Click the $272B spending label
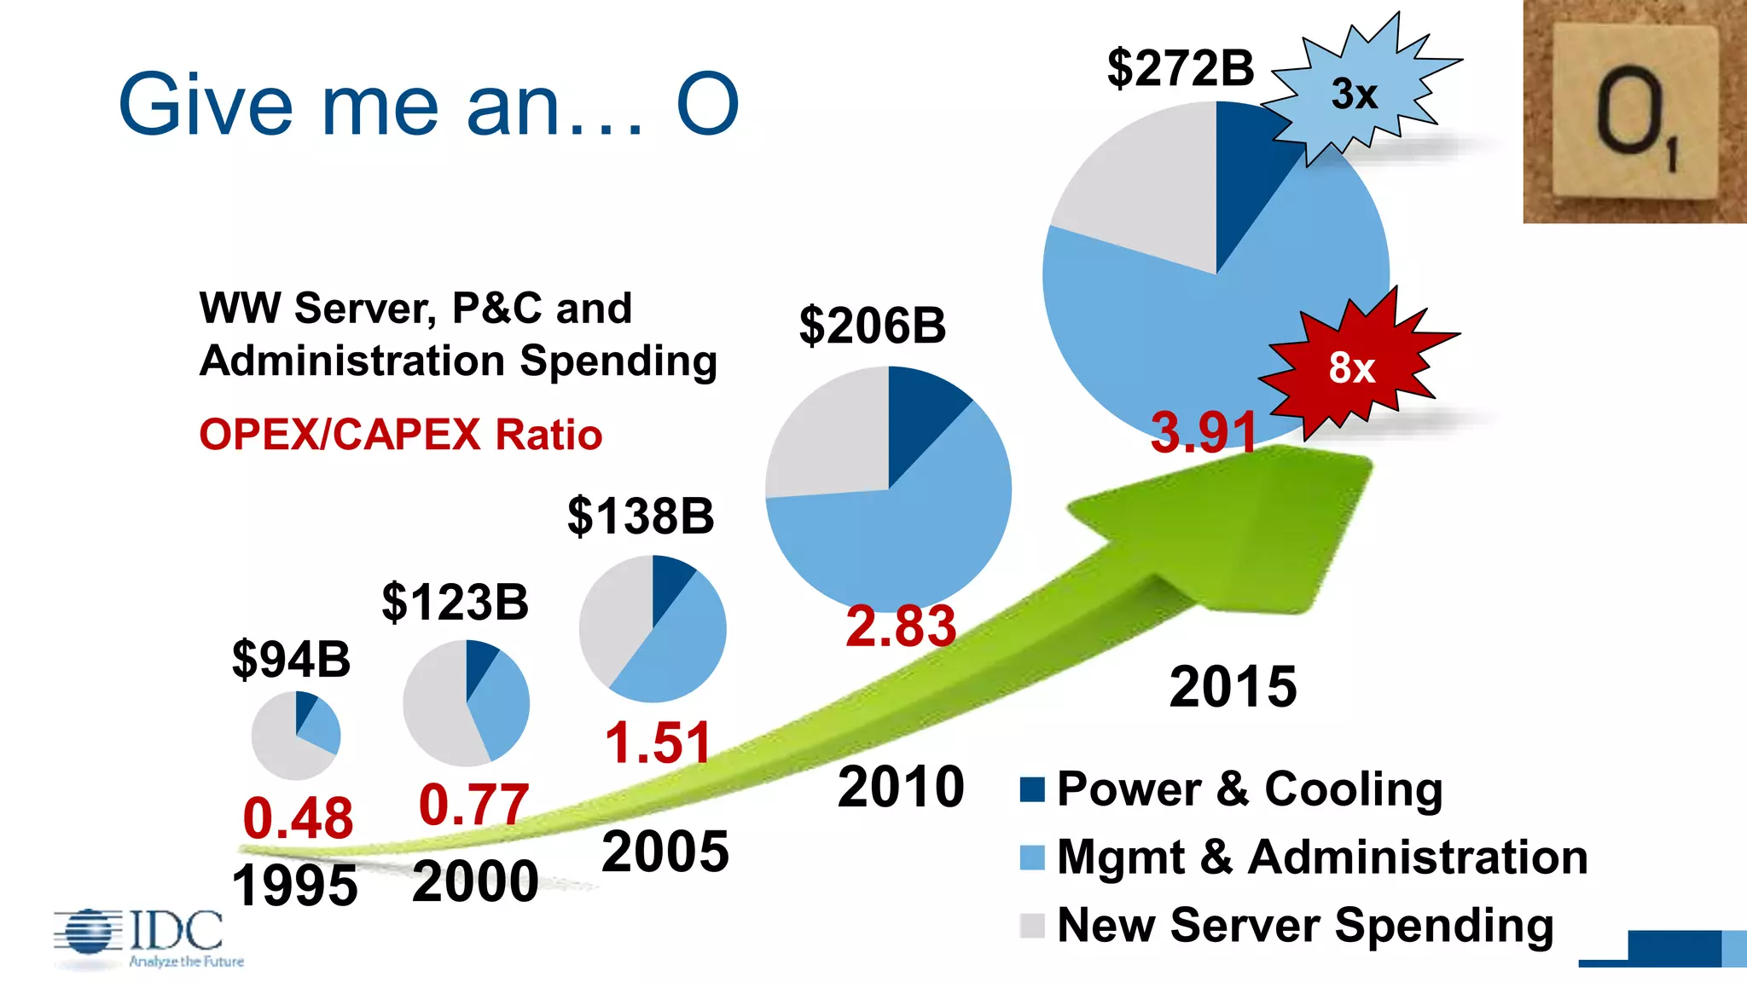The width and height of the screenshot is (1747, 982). point(1181,68)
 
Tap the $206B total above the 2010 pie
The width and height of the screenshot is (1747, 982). point(872,326)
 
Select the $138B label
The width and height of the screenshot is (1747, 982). point(641,516)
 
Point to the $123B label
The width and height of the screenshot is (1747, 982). point(455,602)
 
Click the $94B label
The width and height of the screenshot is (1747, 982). point(291,659)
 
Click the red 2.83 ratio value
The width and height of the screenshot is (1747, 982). point(901,626)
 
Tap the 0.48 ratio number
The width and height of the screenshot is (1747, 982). point(298,818)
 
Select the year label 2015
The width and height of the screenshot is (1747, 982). point(1233,686)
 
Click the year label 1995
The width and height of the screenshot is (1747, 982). point(294,886)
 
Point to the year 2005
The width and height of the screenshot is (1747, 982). point(665,852)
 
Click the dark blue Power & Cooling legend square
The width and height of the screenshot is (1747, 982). point(1032,790)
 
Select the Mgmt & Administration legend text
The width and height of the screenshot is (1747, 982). point(1322,857)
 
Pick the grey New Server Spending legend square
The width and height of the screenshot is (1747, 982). point(1032,926)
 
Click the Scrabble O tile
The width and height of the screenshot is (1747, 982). point(1633,111)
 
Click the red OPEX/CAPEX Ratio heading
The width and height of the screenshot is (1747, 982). point(400,435)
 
